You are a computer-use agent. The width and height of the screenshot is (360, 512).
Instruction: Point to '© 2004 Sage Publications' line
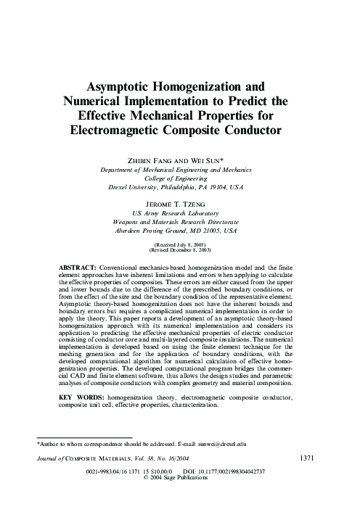pyautogui.click(x=180, y=478)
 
